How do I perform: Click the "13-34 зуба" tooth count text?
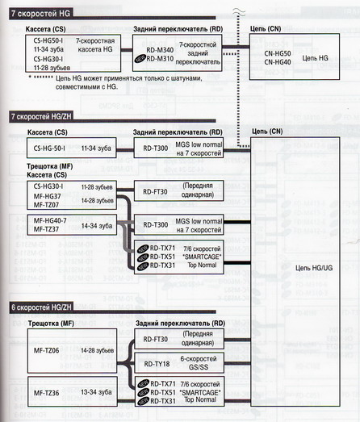[x=97, y=394]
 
